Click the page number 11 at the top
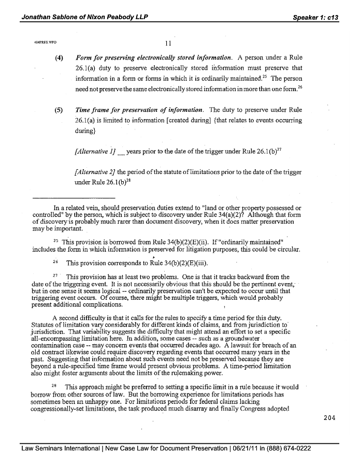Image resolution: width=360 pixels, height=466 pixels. [x=167, y=43]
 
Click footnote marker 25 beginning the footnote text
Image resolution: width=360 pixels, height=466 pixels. [x=55, y=241]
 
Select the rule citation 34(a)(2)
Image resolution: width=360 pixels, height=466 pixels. [x=230, y=214]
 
